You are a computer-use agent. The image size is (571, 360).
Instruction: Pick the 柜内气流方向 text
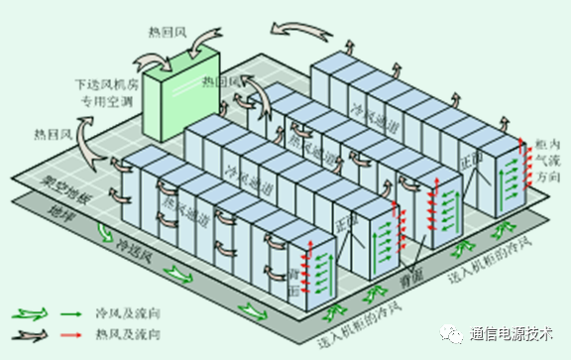click(544, 160)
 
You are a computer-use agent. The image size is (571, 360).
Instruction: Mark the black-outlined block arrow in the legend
click(30, 338)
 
